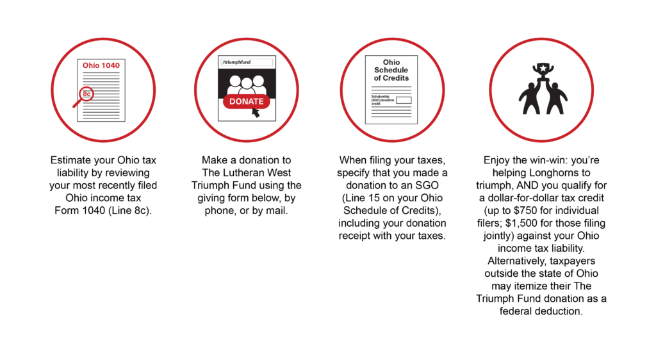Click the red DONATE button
247,102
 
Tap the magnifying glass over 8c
84,97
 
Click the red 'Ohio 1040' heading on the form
101,65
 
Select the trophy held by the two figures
543,71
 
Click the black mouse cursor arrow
256,113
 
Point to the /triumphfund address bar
247,62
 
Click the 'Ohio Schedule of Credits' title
391,70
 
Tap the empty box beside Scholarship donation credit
404,101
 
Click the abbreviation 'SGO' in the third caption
427,185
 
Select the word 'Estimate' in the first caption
70,160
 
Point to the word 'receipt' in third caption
354,236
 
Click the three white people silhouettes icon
247,85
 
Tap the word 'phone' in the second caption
220,211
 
